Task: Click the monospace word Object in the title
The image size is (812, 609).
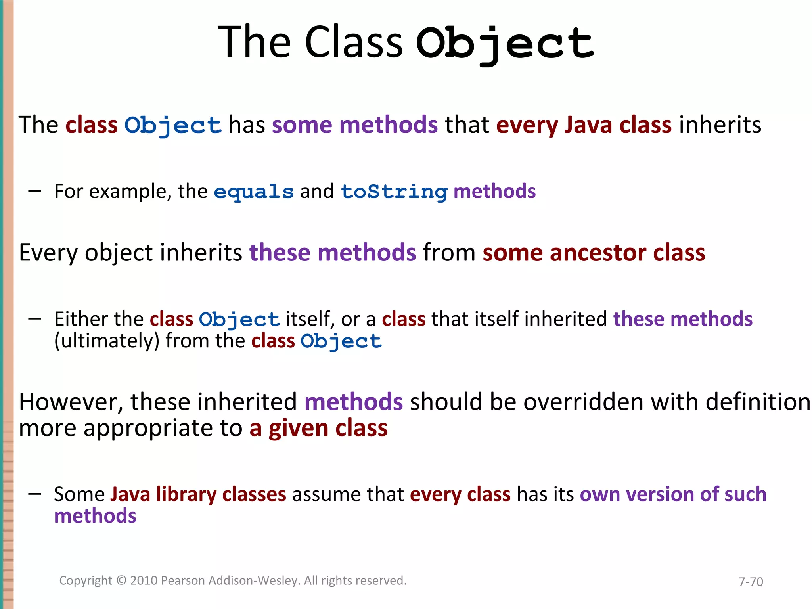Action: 504,43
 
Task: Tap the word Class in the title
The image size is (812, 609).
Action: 353,42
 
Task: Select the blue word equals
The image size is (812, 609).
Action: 254,192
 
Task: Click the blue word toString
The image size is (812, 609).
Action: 394,192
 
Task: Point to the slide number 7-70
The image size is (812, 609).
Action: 751,582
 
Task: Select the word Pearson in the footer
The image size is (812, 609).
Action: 184,580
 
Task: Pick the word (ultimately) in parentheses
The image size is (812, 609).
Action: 107,341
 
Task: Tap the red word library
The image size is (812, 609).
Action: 186,494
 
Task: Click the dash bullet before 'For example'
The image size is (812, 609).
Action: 35,191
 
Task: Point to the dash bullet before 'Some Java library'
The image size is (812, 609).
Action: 35,494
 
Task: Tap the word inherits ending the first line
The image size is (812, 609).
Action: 720,125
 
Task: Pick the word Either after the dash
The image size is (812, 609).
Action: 78,319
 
